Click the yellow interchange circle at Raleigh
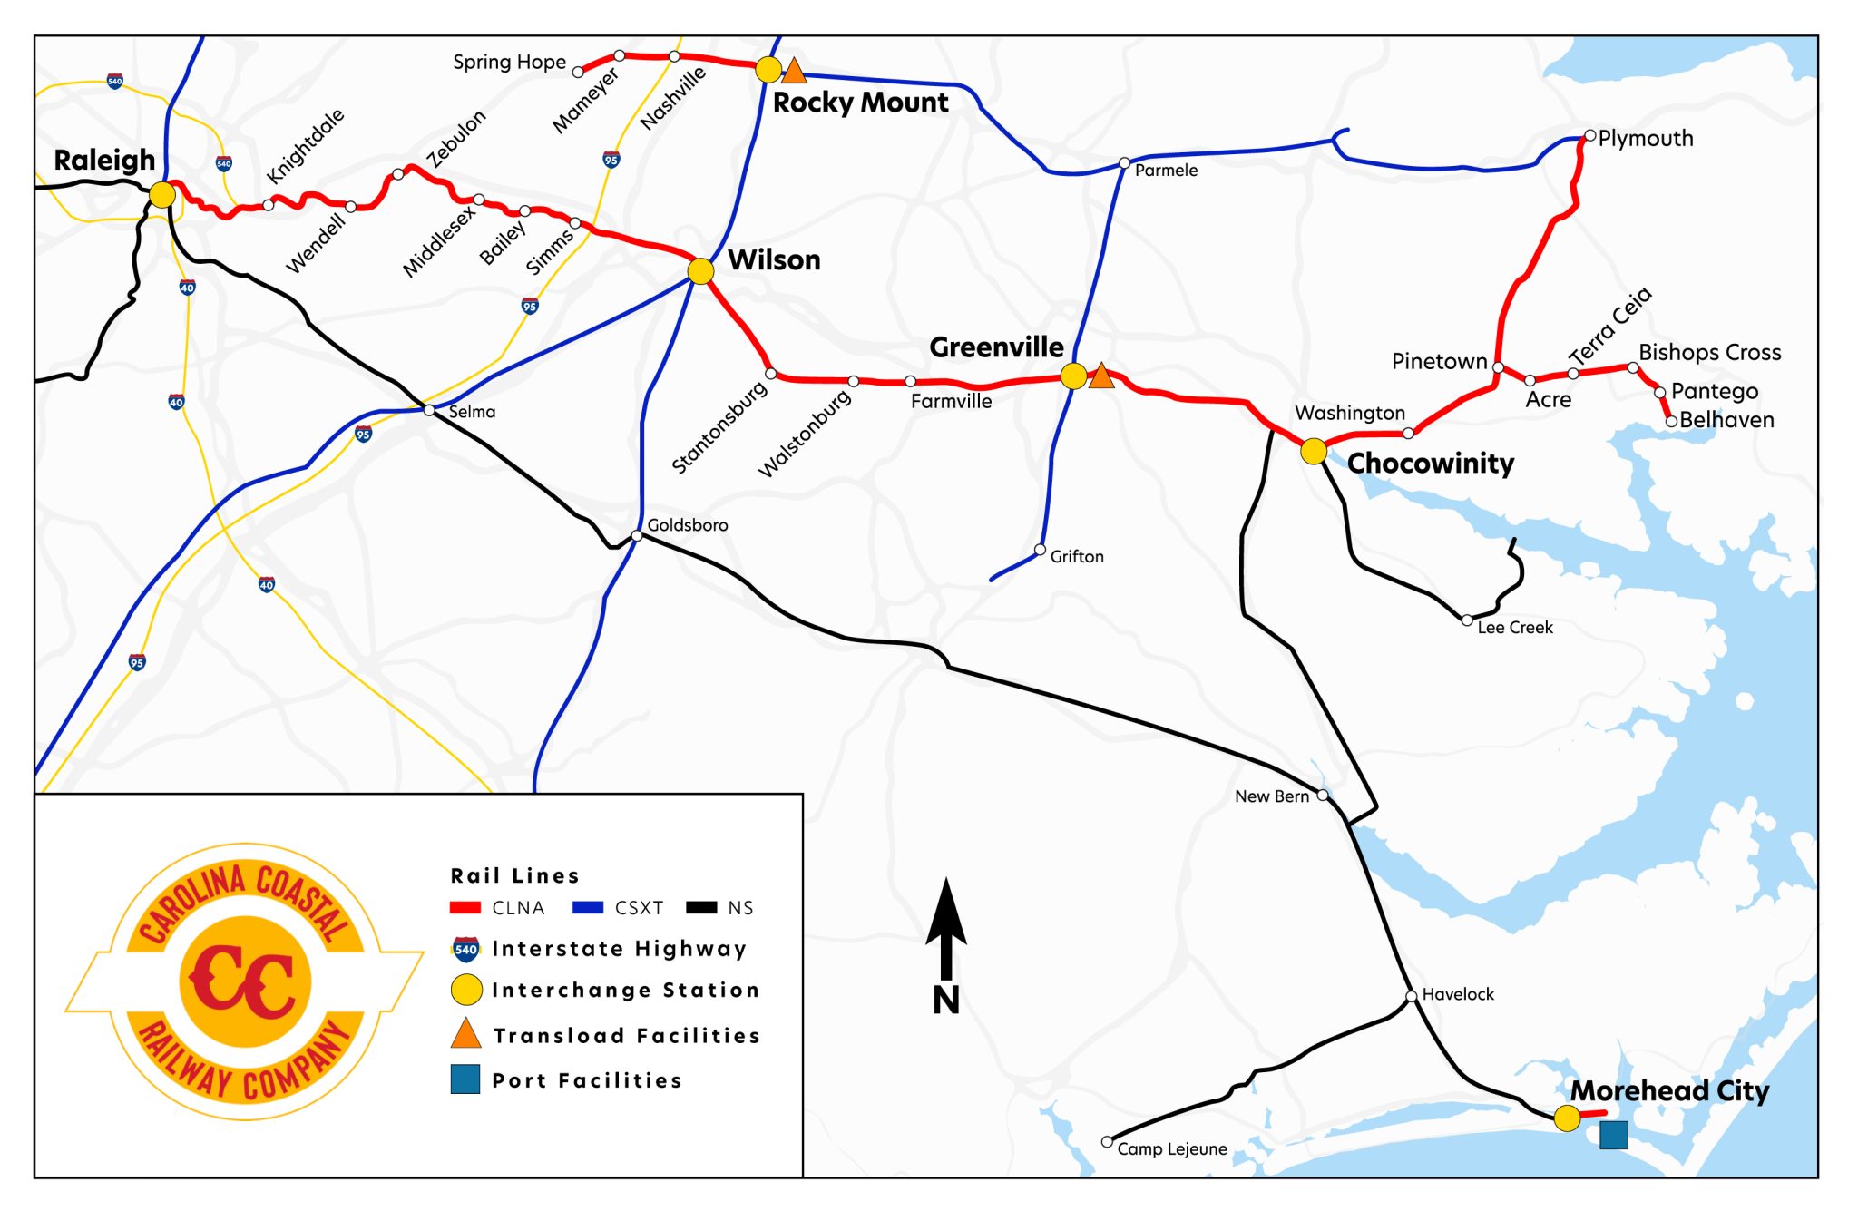[x=162, y=194]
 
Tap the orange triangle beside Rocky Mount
[x=794, y=71]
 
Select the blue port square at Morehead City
[x=1612, y=1135]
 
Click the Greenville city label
[x=996, y=347]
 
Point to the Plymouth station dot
[x=1589, y=136]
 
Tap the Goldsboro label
[x=687, y=525]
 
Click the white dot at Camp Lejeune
[x=1107, y=1141]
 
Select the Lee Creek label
[x=1514, y=628]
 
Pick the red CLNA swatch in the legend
[x=465, y=908]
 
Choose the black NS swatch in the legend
[x=701, y=908]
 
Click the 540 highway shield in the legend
[x=465, y=950]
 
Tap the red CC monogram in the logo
[x=243, y=982]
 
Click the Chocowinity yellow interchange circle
[x=1313, y=451]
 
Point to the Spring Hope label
[x=509, y=63]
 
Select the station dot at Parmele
[x=1124, y=163]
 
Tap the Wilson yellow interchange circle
[x=700, y=270]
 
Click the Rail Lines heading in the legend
[x=514, y=875]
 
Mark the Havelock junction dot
[x=1411, y=996]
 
